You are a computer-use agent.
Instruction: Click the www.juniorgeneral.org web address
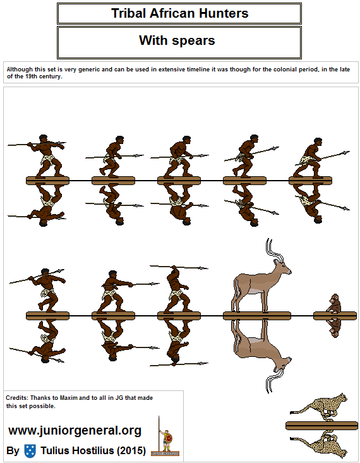(x=75, y=431)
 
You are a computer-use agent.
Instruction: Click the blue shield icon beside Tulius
(x=30, y=451)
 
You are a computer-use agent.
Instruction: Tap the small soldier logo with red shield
(x=167, y=436)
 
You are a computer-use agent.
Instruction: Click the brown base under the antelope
(x=256, y=315)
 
